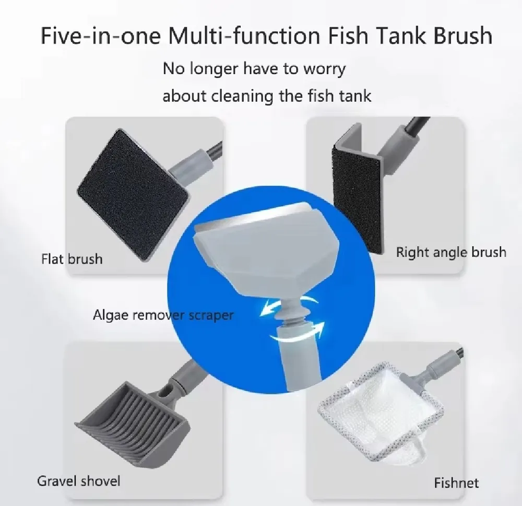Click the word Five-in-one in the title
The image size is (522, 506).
pos(100,36)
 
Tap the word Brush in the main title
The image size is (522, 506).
pos(462,36)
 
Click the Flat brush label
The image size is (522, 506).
pos(72,259)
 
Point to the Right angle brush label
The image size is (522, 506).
pos(451,252)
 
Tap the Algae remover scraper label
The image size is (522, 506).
pos(163,315)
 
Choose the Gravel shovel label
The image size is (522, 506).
pos(79,481)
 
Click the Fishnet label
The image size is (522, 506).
pos(456,483)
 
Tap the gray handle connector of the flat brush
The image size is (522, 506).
pos(191,164)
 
